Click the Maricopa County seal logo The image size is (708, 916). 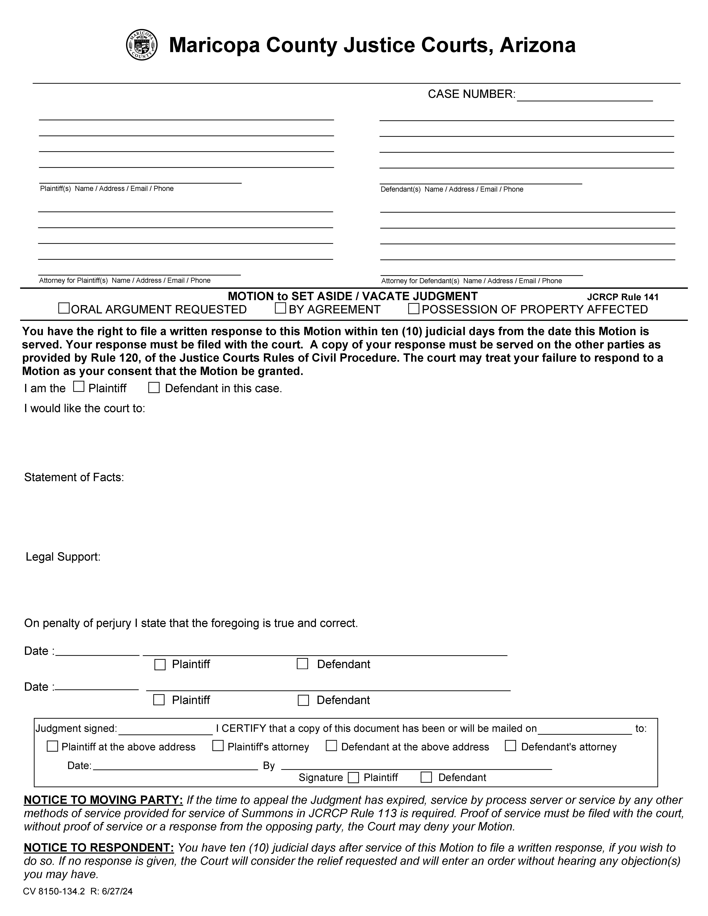coord(142,45)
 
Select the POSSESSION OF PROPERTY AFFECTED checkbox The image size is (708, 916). coord(414,309)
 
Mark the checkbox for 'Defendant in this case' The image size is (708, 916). coord(154,387)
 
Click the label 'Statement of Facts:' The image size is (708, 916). coord(74,477)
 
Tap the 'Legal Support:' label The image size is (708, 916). coord(63,557)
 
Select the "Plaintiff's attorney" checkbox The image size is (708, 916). coord(218,746)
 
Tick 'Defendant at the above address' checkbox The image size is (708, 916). coord(331,746)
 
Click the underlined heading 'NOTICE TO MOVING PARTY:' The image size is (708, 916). coord(103,800)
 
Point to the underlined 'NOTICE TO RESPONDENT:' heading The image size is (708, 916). coord(99,848)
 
